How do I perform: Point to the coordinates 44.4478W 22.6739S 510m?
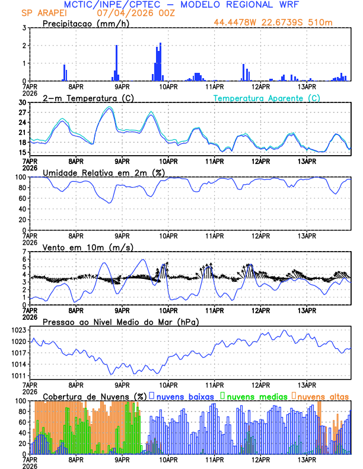[x=273, y=23]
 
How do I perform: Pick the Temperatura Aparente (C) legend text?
[x=267, y=98]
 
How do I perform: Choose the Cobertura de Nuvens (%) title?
[x=94, y=396]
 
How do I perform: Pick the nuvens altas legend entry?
[x=322, y=396]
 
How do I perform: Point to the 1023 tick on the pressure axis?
[x=18, y=330]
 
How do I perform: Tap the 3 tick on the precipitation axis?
[x=24, y=28]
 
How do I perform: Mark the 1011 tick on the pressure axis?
[x=18, y=376]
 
